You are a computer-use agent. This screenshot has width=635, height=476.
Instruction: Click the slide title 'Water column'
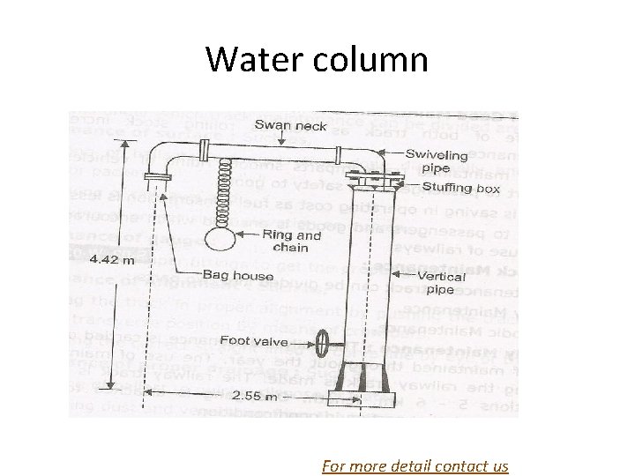tap(317, 59)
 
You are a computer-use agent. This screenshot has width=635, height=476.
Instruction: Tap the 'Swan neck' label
tap(290, 126)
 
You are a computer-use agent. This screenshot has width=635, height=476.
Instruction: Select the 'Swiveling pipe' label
tap(432, 160)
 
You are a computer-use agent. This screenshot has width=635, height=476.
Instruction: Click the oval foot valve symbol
tap(324, 339)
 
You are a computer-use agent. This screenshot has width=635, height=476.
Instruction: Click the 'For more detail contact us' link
tap(415, 465)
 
